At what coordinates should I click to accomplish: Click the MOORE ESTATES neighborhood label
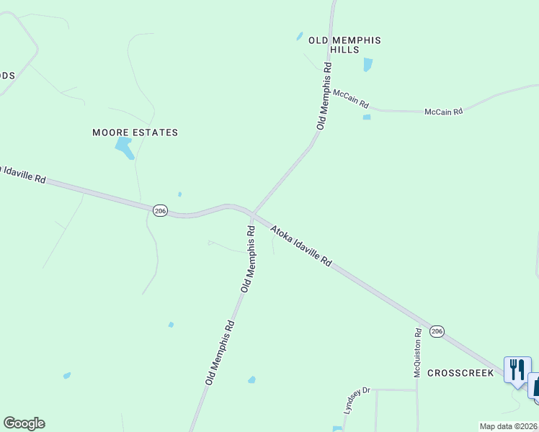135,132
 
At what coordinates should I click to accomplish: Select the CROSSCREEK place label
460,373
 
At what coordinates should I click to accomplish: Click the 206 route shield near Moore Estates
160,210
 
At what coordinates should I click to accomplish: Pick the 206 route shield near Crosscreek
436,331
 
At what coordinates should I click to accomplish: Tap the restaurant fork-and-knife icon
517,369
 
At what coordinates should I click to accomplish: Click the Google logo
24,423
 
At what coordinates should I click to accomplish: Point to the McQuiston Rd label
418,353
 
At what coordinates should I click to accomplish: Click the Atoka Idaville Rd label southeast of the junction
301,246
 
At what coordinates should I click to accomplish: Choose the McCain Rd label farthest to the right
442,112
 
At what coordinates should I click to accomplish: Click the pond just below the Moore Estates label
125,148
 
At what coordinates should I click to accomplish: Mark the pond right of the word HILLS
368,64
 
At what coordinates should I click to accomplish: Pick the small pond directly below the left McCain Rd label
367,117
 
